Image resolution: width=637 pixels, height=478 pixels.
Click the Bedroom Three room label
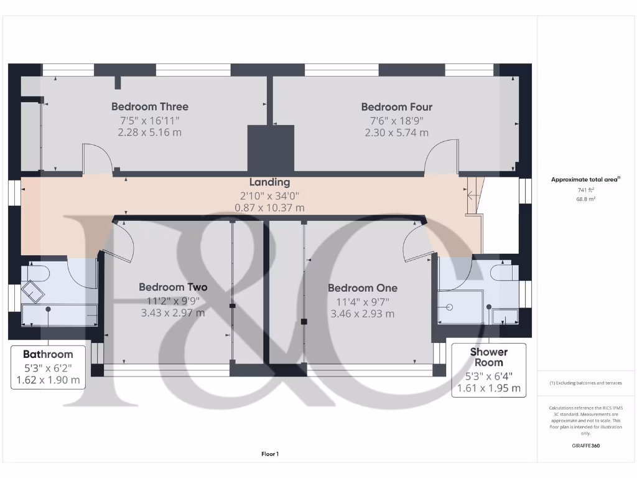tap(149, 106)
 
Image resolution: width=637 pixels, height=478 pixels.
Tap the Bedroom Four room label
tap(396, 106)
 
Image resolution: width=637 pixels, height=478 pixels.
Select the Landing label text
tap(269, 182)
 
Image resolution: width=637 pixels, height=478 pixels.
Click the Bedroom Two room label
tap(173, 287)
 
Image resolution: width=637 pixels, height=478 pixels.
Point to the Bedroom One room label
tap(362, 288)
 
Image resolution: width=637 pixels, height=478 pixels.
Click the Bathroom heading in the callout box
tap(48, 354)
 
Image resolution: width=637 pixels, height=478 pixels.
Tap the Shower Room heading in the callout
tap(488, 357)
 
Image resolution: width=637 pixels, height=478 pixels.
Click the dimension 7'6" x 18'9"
tap(396, 120)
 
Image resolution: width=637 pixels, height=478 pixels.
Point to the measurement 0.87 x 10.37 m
tap(269, 208)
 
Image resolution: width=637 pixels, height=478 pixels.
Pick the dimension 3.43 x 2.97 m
tap(173, 313)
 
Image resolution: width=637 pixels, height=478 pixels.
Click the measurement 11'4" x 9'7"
tap(362, 301)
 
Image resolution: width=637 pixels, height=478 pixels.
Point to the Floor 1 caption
tap(269, 454)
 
